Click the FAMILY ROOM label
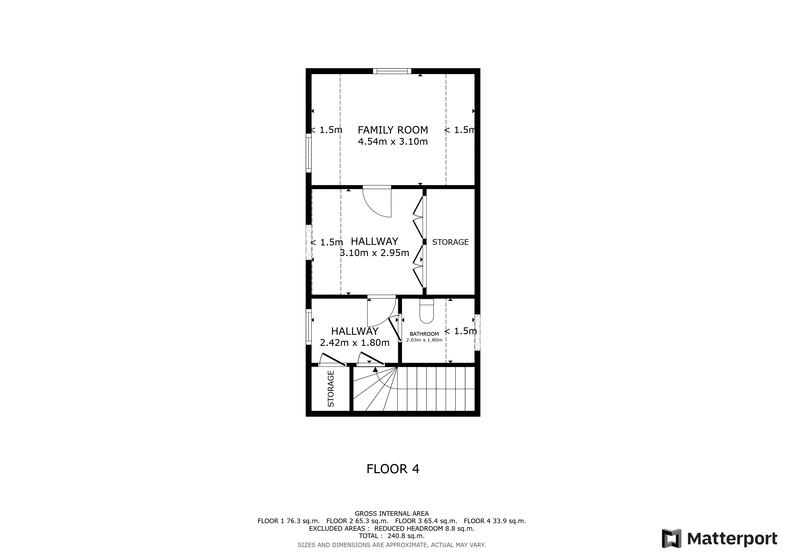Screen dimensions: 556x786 (x=393, y=130)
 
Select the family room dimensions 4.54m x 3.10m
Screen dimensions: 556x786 (x=393, y=141)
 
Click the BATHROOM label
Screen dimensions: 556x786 (x=424, y=334)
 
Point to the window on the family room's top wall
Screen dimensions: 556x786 (x=392, y=71)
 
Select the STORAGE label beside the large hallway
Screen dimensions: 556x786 (x=450, y=242)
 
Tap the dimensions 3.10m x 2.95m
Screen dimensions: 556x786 (x=375, y=253)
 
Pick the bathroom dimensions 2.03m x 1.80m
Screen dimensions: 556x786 (x=424, y=340)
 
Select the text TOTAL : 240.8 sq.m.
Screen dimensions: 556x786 (x=391, y=536)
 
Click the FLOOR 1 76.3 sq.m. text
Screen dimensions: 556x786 (x=288, y=521)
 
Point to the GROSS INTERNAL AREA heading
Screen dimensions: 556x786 (x=392, y=514)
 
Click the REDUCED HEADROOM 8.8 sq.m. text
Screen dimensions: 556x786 (x=424, y=529)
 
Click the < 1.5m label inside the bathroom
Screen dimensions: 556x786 (x=460, y=331)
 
